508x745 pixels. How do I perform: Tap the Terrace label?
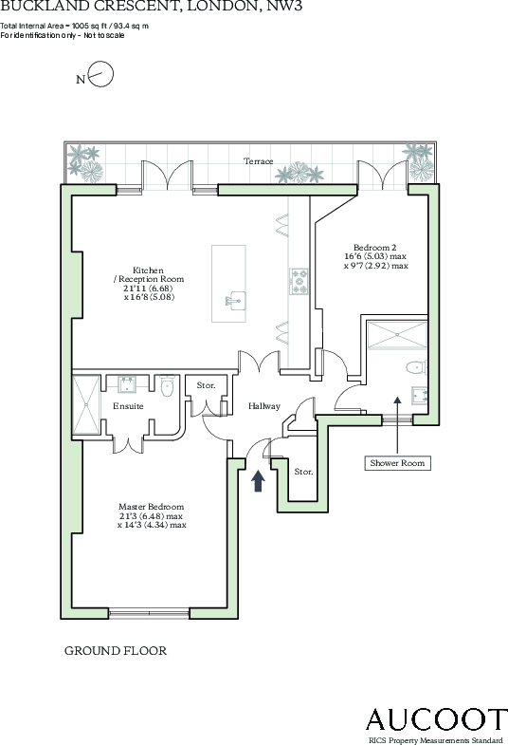tap(258, 161)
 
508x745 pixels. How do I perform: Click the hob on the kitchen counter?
tap(299, 279)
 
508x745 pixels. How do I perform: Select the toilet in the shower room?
tap(414, 367)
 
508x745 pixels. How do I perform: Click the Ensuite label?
tap(128, 406)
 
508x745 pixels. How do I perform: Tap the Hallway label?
tap(264, 406)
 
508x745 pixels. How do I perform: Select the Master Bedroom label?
tap(152, 515)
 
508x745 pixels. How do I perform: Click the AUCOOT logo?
tap(436, 718)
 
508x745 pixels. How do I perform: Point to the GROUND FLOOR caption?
tap(115, 651)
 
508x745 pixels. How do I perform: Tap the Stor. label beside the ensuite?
tap(206, 386)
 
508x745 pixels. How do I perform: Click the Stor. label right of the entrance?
tap(303, 472)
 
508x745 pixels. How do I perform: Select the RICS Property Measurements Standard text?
tap(435, 738)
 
